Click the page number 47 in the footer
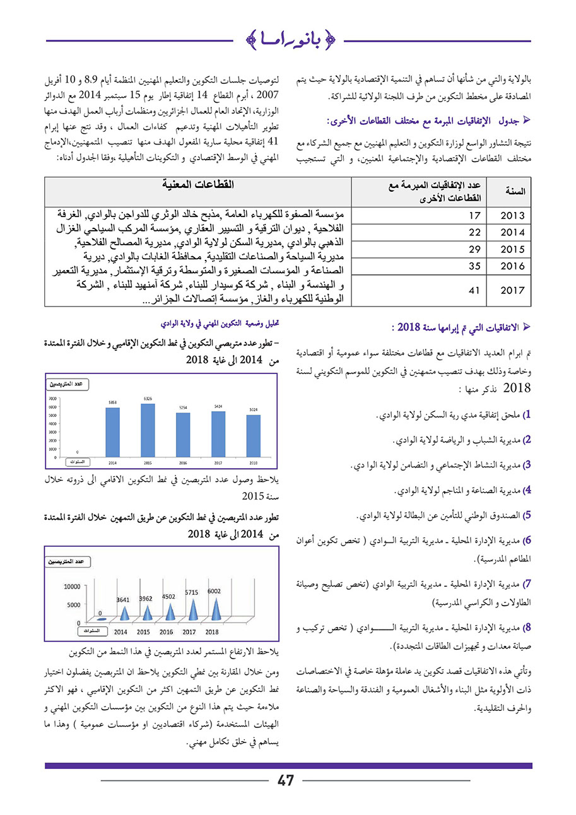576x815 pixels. (x=286, y=781)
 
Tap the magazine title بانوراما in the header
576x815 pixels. (x=287, y=41)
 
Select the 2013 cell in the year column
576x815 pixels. (x=512, y=216)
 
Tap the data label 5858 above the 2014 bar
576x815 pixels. (x=113, y=401)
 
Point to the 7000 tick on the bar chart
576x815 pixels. (x=54, y=399)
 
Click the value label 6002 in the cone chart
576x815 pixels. (x=216, y=590)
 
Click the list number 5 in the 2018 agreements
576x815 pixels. (x=528, y=515)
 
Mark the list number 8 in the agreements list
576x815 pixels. (x=528, y=628)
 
